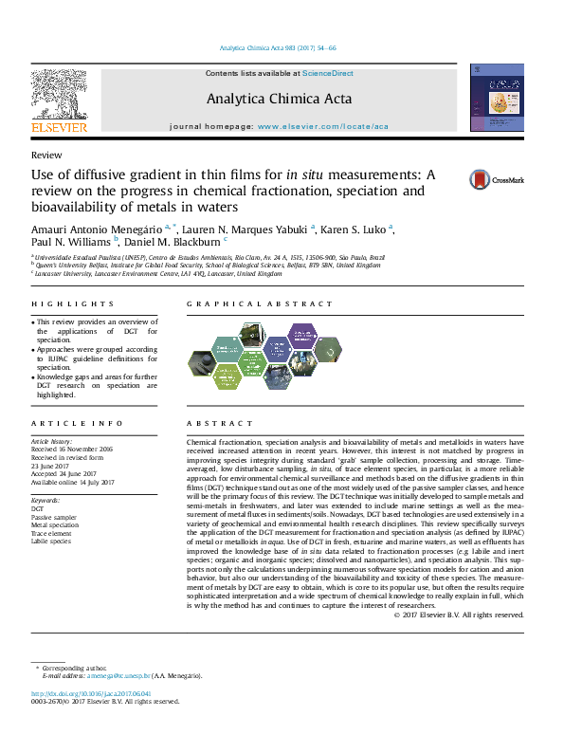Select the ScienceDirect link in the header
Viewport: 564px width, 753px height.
coord(328,73)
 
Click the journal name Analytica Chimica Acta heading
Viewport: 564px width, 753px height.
coord(279,99)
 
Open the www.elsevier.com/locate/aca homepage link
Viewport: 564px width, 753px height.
coord(322,126)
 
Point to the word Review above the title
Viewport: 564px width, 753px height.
coord(46,155)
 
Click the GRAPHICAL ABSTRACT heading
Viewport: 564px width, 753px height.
coord(260,304)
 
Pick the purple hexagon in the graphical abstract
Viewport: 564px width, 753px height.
coord(302,336)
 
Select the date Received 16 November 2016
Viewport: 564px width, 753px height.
coord(72,449)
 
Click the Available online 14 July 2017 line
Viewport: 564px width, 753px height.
coord(73,482)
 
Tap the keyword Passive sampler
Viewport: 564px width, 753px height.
coord(53,516)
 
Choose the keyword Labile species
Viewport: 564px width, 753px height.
coord(51,541)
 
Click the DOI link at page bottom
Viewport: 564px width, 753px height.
coord(84,694)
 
